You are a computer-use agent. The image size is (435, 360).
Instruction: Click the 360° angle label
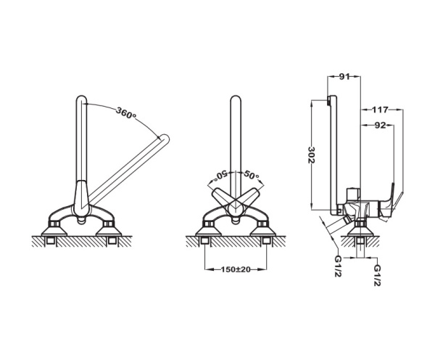point(126,112)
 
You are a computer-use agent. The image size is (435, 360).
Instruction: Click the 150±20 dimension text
point(236,269)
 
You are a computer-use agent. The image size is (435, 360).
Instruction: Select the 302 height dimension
point(312,155)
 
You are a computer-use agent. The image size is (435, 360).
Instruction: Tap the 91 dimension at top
point(344,77)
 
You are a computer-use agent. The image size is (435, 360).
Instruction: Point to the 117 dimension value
point(380,110)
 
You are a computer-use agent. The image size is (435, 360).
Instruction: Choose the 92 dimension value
point(380,126)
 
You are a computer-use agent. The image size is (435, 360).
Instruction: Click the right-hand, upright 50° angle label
point(251,175)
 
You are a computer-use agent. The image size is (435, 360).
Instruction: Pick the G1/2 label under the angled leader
point(338,266)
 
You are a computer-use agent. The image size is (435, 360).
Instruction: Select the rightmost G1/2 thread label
point(377,275)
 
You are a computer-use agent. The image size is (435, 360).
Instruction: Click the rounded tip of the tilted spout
point(165,139)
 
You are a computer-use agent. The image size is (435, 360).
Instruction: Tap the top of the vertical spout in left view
point(81,100)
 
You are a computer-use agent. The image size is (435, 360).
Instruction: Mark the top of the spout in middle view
point(236,100)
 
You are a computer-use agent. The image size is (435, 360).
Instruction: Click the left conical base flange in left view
point(54,231)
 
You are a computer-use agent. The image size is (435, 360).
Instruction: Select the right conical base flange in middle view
point(262,231)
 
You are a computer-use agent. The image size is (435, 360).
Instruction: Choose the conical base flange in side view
point(360,231)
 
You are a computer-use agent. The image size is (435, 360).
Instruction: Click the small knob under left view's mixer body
point(81,220)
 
